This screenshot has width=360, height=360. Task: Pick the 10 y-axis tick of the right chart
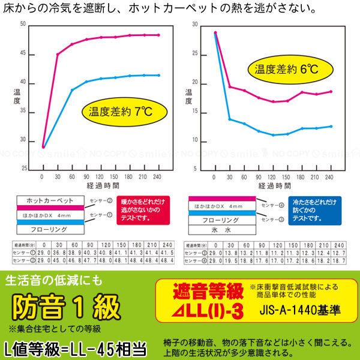pos(195,140)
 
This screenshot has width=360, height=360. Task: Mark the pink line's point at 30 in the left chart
pos(58,54)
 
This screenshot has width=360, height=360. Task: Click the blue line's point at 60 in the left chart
pos(73,89)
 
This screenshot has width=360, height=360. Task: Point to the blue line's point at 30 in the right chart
pos(230,119)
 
